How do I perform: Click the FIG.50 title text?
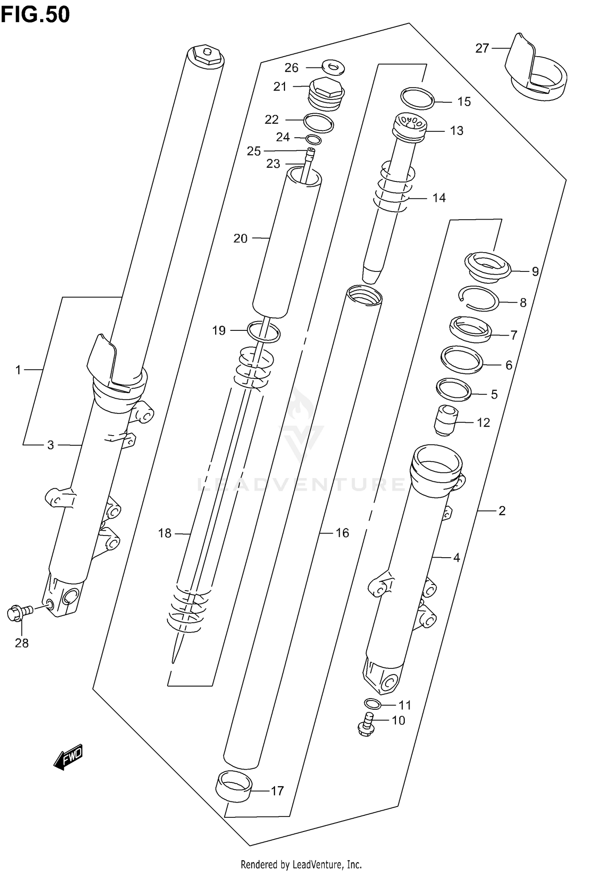[35, 15]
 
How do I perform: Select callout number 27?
[482, 48]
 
